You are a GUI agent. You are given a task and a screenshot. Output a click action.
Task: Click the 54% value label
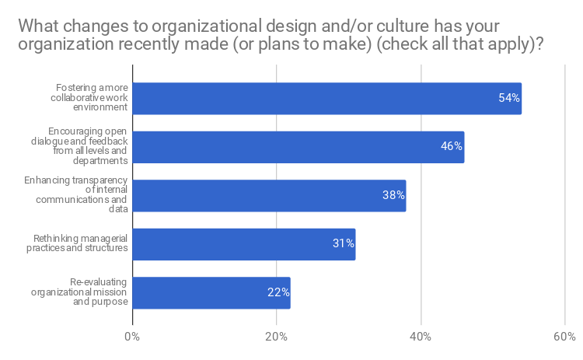click(509, 99)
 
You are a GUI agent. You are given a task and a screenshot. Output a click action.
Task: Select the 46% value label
click(452, 147)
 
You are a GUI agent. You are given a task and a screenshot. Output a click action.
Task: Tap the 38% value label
click(393, 196)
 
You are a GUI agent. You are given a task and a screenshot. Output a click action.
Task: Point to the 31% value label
click(344, 244)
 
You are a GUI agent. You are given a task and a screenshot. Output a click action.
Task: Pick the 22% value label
click(278, 293)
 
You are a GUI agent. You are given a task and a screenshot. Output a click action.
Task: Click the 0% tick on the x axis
click(132, 337)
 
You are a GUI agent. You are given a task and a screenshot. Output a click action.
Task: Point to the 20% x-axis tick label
click(277, 337)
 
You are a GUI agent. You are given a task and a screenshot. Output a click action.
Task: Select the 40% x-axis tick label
click(421, 337)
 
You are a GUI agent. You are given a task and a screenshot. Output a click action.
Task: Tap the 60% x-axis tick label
click(565, 337)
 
